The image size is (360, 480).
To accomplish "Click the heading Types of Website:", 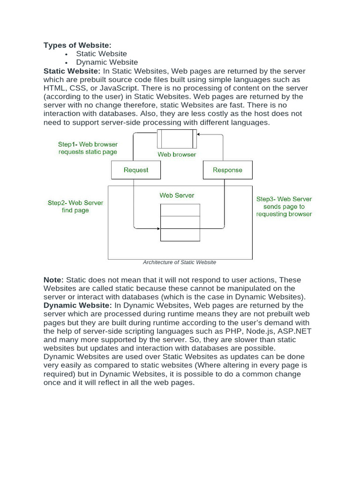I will click(77, 45).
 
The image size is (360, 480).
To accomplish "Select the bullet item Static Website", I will click(101, 53).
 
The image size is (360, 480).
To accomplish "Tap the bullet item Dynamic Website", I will click(107, 62).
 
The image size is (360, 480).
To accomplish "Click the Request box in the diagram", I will click(136, 170).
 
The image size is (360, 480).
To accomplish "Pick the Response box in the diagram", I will click(227, 170).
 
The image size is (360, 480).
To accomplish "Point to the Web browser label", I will click(177, 154).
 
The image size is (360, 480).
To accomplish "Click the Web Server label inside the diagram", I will click(177, 195).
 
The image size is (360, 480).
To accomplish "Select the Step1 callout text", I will click(88, 148).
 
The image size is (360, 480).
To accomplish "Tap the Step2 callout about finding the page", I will click(75, 207).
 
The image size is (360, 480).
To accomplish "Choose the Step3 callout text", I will click(284, 206).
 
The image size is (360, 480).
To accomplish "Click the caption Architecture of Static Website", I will click(180, 262).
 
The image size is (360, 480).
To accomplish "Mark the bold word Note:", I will click(53, 280).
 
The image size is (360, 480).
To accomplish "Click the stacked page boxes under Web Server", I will click(180, 222).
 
